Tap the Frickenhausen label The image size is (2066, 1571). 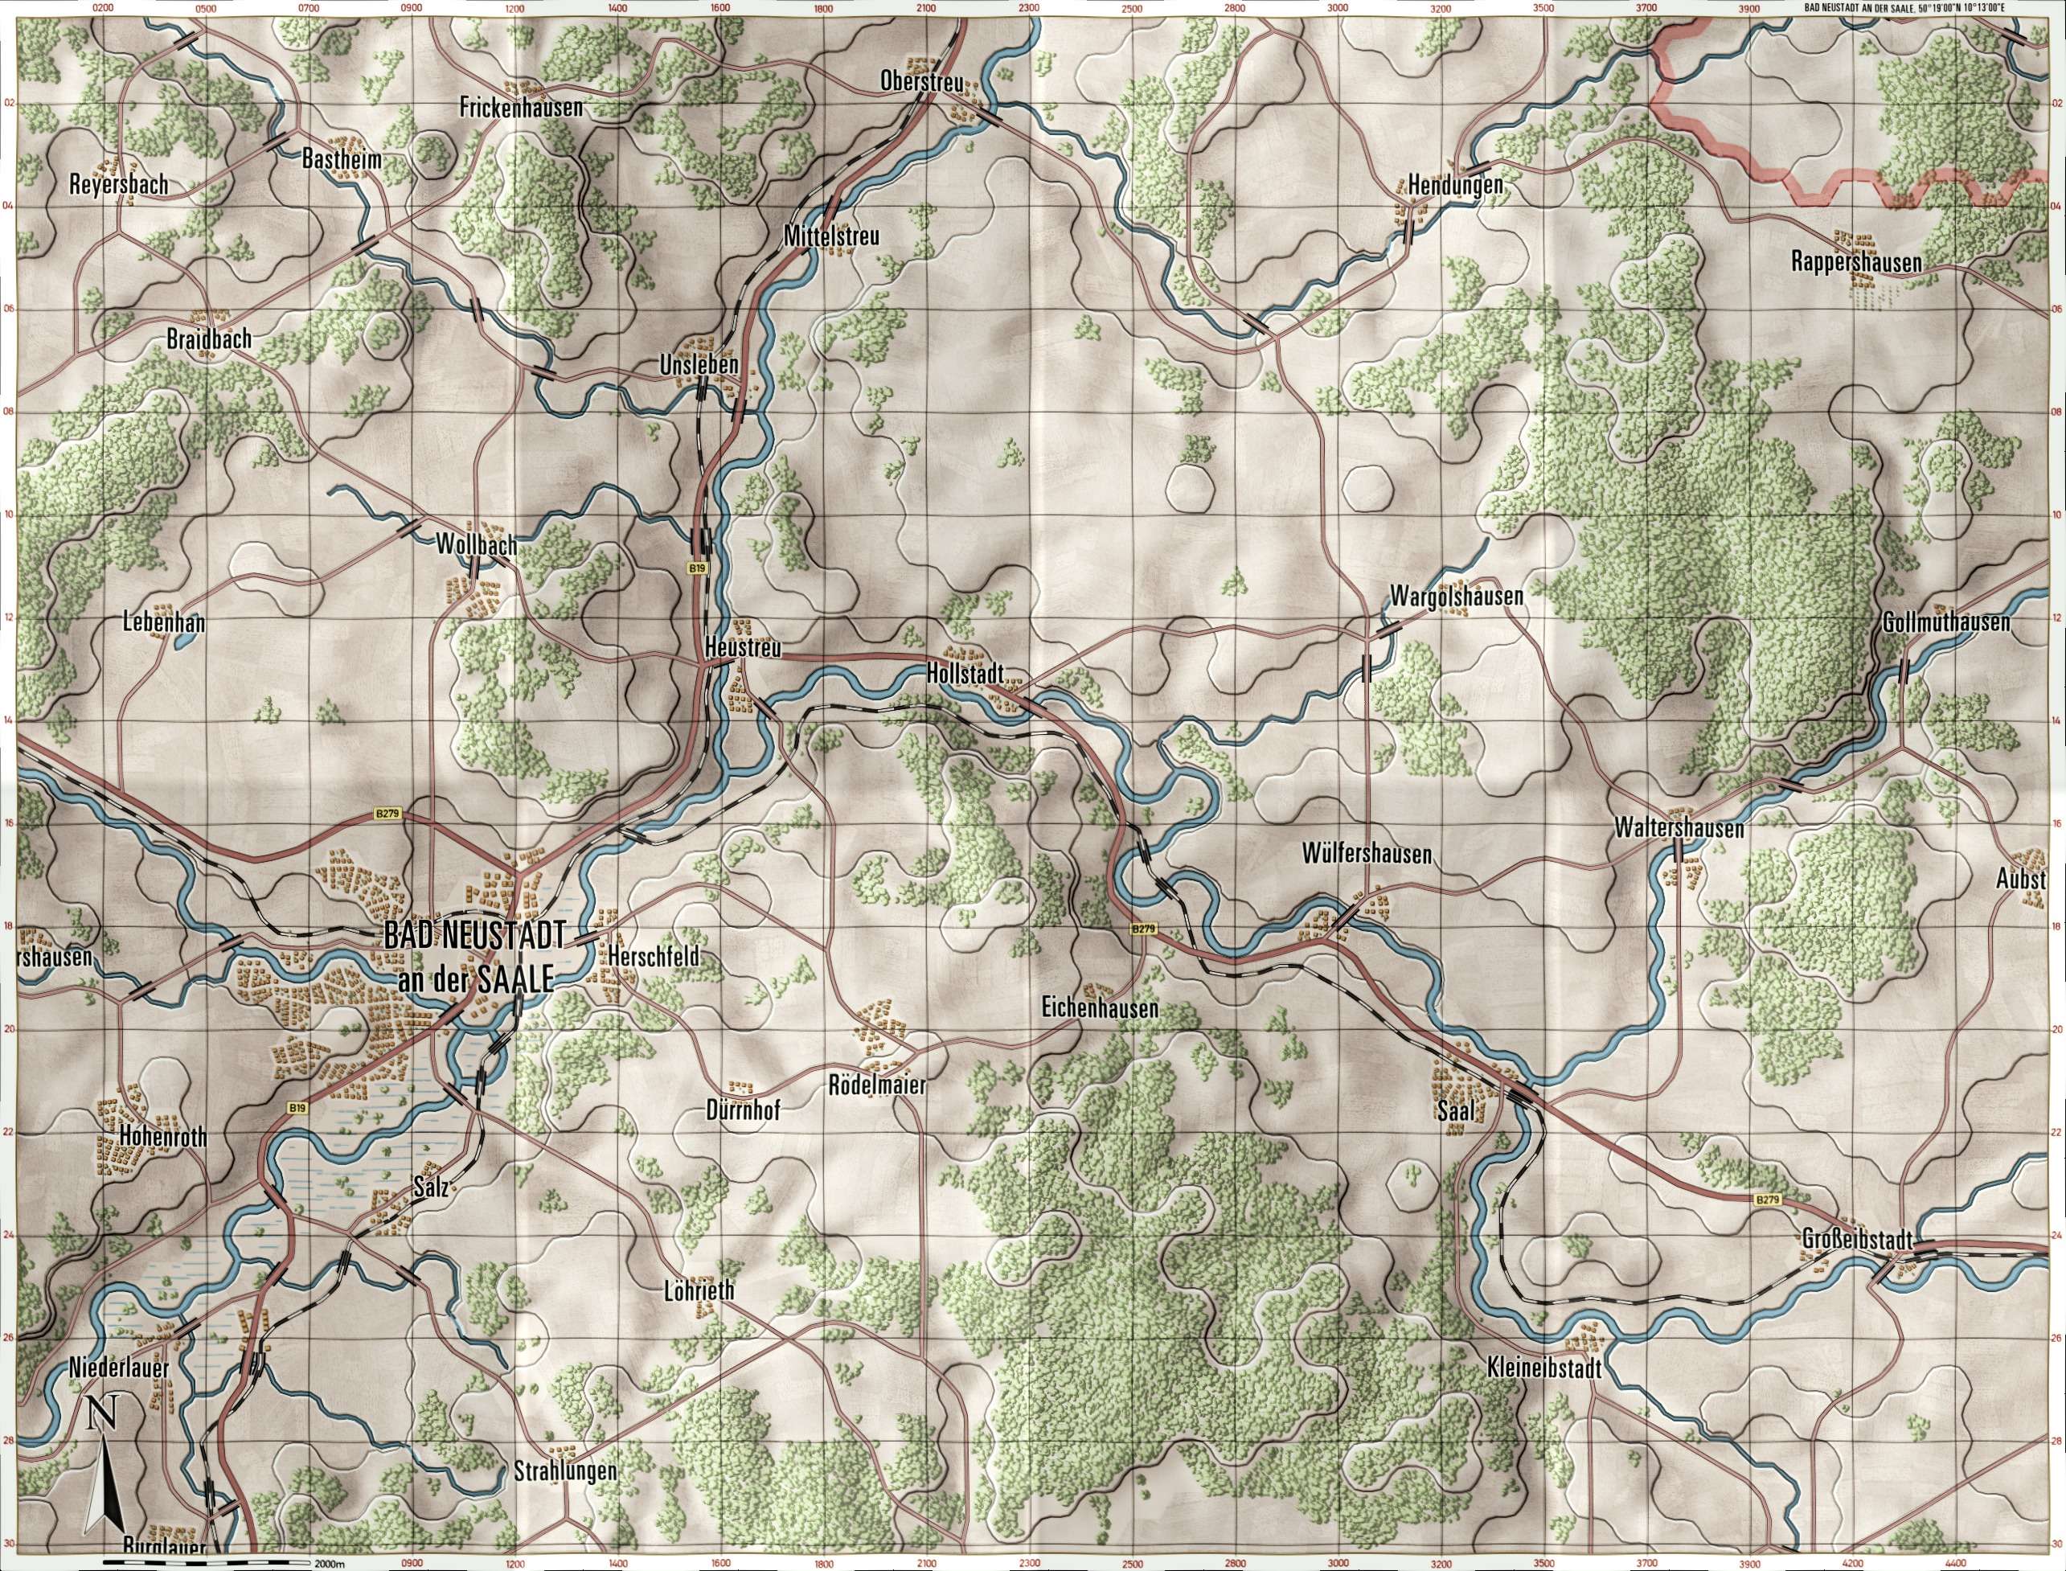[521, 108]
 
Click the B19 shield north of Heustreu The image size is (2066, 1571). [695, 568]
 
